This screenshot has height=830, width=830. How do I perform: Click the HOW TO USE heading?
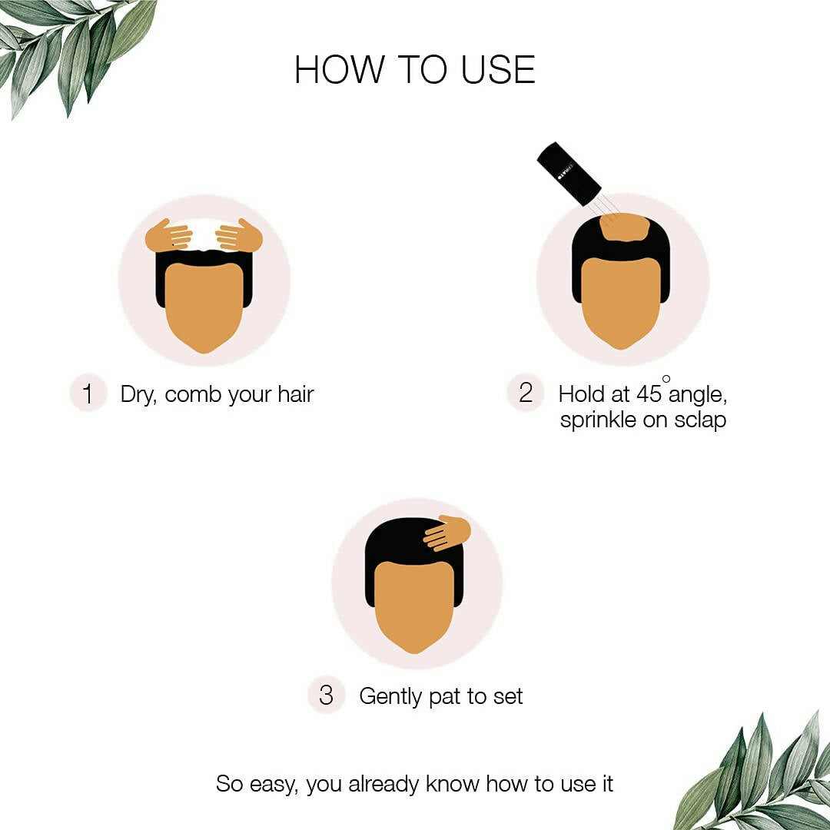(414, 70)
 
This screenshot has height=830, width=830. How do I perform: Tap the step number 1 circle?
(88, 394)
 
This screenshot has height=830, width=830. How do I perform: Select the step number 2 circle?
(526, 393)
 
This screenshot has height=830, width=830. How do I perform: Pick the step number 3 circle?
(326, 696)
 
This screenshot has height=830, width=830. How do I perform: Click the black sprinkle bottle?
(568, 173)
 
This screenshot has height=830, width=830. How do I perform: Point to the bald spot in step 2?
(624, 226)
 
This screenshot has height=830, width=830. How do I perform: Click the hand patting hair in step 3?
(447, 533)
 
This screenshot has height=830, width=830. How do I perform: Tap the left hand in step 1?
(168, 236)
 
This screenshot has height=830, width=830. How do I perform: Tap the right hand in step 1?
(239, 236)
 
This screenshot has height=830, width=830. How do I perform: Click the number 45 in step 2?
(649, 394)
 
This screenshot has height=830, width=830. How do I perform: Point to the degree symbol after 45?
(666, 379)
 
